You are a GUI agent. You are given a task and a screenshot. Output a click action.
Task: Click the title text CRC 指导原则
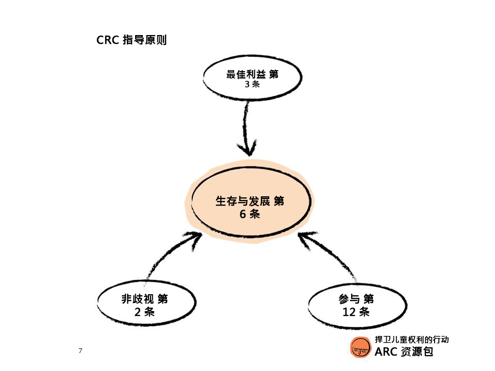click(x=131, y=40)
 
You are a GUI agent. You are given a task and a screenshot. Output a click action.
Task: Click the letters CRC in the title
click(x=108, y=40)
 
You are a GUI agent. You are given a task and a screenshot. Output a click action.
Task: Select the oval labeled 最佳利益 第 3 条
click(x=252, y=78)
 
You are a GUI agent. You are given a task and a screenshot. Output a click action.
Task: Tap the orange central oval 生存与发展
click(x=251, y=201)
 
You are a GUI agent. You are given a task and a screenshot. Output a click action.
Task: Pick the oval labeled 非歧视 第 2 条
click(x=146, y=303)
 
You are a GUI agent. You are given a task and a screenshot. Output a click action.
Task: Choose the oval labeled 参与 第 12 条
click(x=357, y=306)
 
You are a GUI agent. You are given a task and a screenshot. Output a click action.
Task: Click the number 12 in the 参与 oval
click(x=349, y=312)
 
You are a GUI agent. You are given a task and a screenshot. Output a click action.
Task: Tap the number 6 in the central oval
click(x=242, y=214)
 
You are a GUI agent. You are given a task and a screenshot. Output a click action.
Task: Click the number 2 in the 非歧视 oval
click(x=138, y=312)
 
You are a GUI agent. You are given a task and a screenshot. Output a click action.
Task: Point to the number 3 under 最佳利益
click(x=247, y=84)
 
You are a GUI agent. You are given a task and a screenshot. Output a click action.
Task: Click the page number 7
click(x=80, y=350)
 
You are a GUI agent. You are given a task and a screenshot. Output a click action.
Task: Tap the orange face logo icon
click(x=360, y=347)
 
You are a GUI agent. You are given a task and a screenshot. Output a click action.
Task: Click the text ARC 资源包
click(x=404, y=351)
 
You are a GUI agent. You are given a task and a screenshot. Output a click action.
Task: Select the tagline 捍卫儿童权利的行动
click(x=411, y=340)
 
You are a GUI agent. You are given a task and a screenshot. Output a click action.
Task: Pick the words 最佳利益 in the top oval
click(x=245, y=74)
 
